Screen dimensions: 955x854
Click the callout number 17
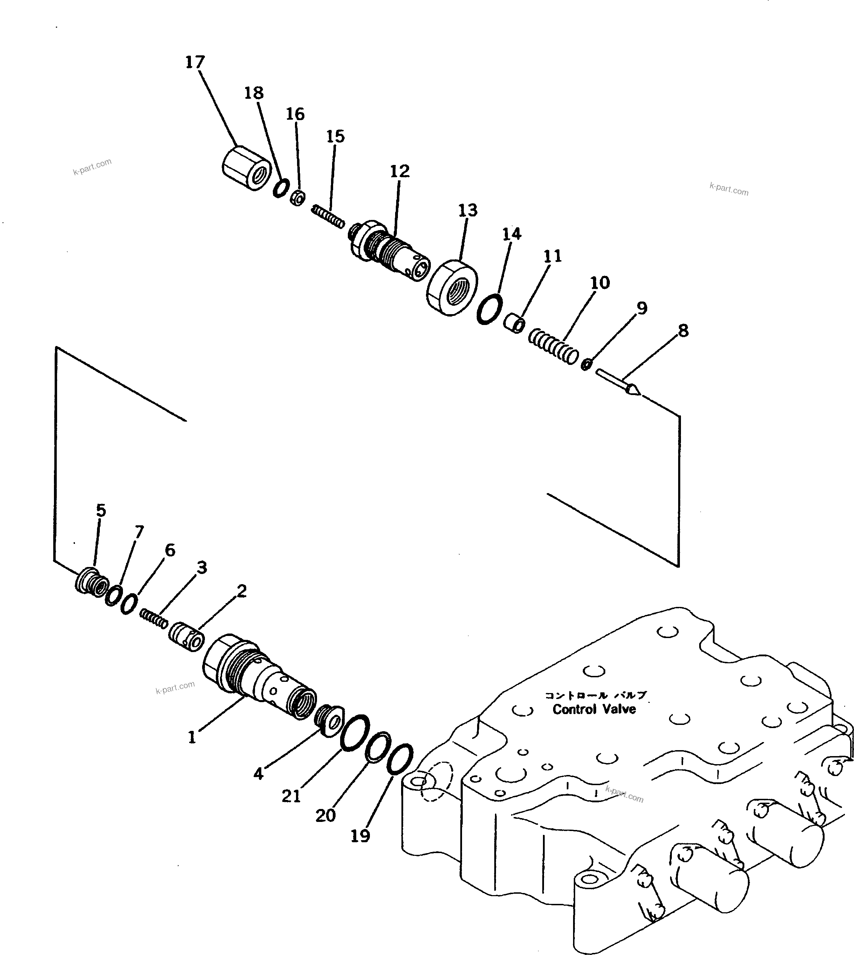[195, 62]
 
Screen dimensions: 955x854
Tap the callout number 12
[400, 171]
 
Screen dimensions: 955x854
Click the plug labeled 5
[91, 583]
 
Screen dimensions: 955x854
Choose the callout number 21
[291, 796]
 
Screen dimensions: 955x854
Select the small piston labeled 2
[186, 636]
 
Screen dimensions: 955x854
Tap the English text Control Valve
[594, 709]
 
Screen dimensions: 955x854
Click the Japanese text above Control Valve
[595, 696]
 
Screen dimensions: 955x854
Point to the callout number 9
[642, 308]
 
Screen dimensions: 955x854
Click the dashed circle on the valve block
[436, 788]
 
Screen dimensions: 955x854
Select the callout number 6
[170, 550]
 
